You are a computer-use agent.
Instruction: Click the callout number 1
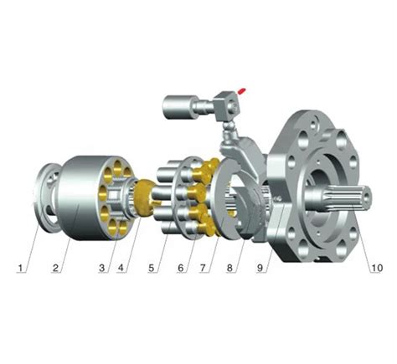(20, 268)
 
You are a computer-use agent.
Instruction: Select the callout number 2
(55, 268)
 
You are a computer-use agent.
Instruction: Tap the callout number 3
(102, 268)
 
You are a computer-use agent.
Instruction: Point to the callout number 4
(121, 268)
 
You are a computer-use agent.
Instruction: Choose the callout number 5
(151, 268)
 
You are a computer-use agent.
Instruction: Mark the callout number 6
(181, 268)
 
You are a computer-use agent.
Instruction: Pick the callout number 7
(203, 268)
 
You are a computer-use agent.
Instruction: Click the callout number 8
(229, 268)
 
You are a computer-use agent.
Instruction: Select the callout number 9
(260, 268)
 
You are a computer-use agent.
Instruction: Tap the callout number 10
(376, 268)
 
